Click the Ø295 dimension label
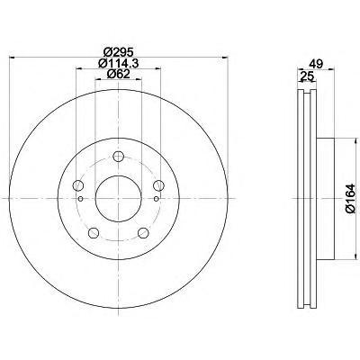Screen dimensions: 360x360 click(x=118, y=52)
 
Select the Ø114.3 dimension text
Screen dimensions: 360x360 click(x=118, y=63)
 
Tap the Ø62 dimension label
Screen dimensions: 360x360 click(x=118, y=74)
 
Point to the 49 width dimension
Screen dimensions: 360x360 click(x=316, y=64)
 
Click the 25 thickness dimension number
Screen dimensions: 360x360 click(x=307, y=76)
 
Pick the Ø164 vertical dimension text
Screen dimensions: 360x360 click(x=350, y=199)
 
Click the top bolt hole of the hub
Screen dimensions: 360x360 click(x=119, y=156)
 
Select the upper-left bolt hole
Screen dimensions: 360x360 click(x=78, y=185)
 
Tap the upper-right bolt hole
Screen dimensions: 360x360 click(x=158, y=185)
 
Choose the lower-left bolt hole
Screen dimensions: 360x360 click(x=94, y=232)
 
